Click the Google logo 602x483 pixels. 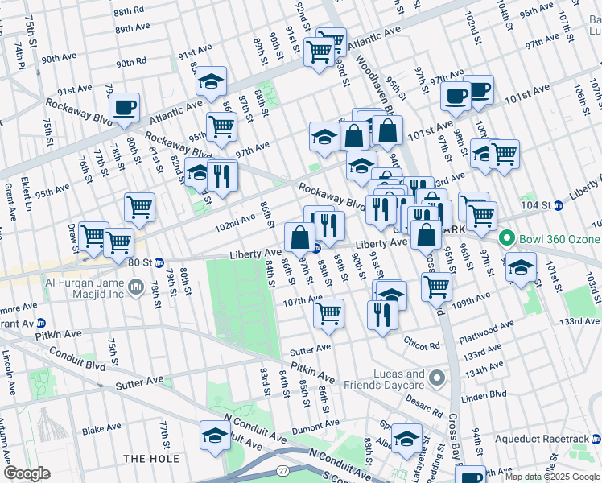pyautogui.click(x=27, y=473)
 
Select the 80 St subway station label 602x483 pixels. pyautogui.click(x=142, y=262)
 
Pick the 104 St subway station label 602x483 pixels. pyautogui.click(x=540, y=205)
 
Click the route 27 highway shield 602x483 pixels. pyautogui.click(x=282, y=470)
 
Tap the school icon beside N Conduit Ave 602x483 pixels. pyautogui.click(x=215, y=436)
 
